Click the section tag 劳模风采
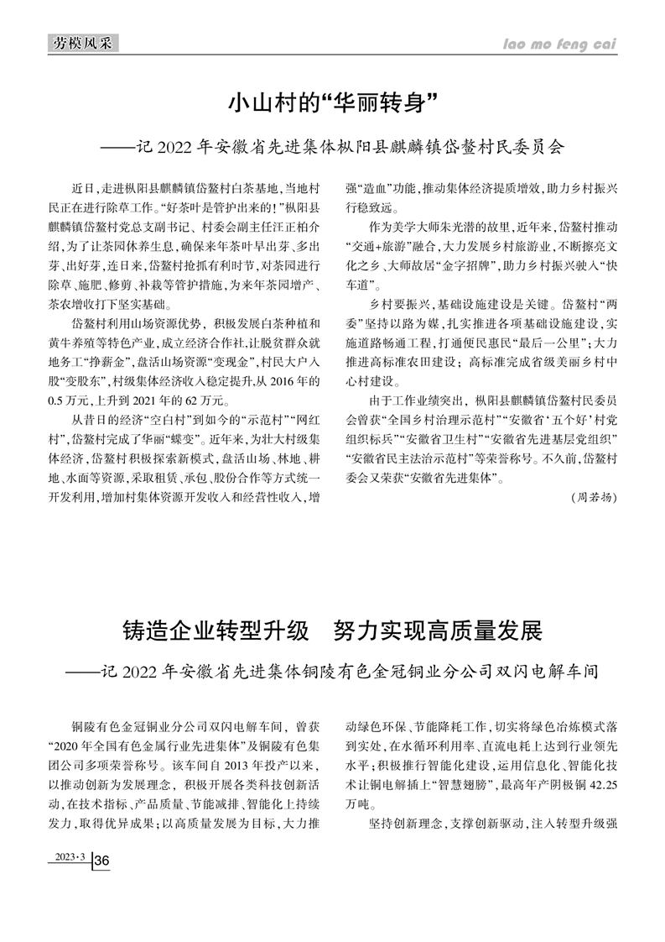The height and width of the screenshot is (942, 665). coord(81,43)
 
